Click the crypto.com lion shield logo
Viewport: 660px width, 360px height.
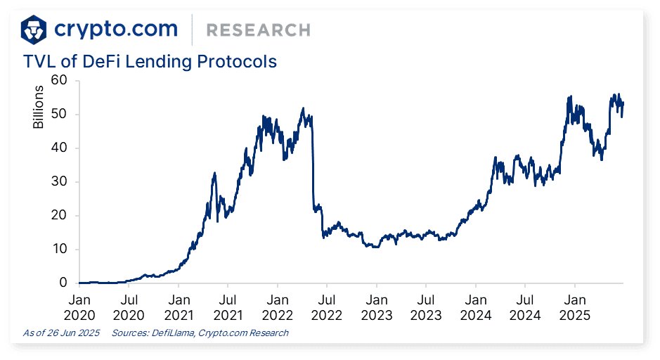34,29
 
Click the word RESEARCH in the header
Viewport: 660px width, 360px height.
258,30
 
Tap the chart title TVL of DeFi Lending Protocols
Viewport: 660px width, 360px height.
150,62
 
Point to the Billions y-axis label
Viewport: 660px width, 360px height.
39,107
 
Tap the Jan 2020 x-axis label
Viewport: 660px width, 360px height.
79,306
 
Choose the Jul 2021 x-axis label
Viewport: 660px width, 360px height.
227,306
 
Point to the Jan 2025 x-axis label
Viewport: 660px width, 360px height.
574,306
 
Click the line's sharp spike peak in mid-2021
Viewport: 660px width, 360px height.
214,172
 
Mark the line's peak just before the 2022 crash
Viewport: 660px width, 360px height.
303,108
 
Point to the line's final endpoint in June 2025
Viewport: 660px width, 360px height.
623,103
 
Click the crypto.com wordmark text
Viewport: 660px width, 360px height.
116,29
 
